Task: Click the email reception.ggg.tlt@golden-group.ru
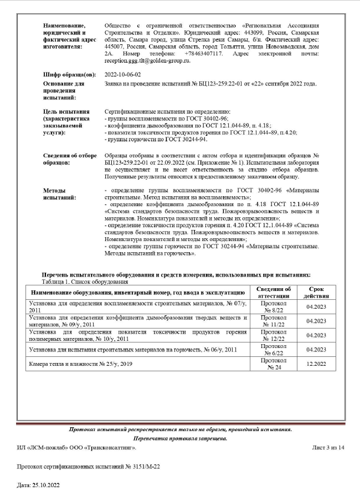coord(147,61)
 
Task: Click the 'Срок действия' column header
coord(314,292)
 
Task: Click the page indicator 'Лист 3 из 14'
coord(328,447)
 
